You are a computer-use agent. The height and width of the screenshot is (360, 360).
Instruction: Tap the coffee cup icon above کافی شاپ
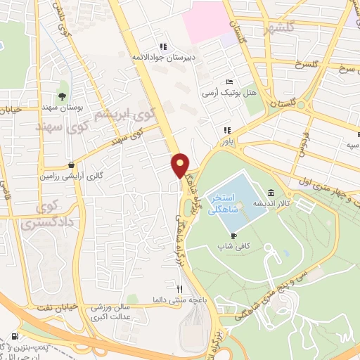tap(233, 236)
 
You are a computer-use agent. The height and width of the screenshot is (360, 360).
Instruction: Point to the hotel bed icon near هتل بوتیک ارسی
tap(229, 82)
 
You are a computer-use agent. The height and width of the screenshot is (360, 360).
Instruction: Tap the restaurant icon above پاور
tap(226, 130)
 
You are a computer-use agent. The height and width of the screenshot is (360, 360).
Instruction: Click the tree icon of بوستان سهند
tap(63, 95)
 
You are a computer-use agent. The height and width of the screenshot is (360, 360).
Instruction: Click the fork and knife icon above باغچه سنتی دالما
tap(179, 288)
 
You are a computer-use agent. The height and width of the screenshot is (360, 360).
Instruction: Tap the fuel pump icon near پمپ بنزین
tap(15, 336)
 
